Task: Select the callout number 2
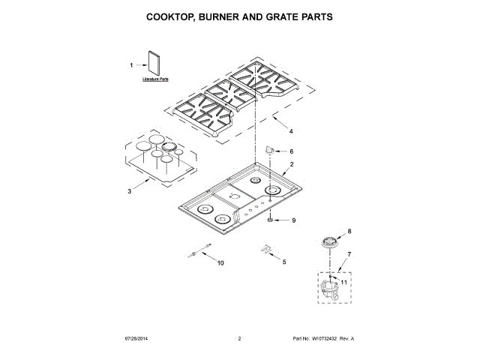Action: [292, 164]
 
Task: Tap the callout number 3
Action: [129, 191]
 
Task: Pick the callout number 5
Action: [283, 261]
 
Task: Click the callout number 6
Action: [292, 151]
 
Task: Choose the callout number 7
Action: [348, 254]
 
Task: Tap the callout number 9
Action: [294, 220]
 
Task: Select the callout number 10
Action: [220, 262]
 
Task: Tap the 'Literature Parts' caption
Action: [156, 79]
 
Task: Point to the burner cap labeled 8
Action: [327, 241]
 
